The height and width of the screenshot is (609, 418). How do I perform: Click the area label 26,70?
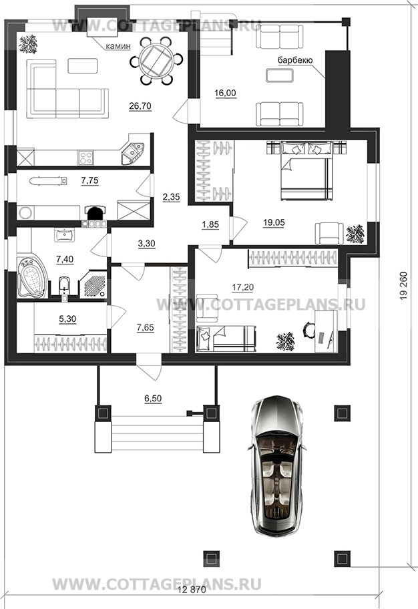(x=141, y=106)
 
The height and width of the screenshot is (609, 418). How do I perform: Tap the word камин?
(x=118, y=46)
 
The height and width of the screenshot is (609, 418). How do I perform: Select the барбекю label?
(x=295, y=60)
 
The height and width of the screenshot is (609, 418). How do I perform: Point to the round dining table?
(x=156, y=60)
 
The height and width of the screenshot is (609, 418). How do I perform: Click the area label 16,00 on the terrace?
(x=225, y=93)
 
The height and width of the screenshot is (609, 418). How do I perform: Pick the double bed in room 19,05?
(x=306, y=170)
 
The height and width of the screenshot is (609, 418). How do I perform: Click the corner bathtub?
(x=32, y=277)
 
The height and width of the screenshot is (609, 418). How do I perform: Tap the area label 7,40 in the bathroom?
(x=65, y=260)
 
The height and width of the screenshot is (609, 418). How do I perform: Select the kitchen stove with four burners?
(x=85, y=158)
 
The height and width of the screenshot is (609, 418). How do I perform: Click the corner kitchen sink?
(x=132, y=153)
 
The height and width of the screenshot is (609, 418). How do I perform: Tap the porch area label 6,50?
(x=153, y=399)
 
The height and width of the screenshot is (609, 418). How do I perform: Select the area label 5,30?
(x=67, y=319)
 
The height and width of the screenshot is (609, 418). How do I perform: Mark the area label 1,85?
(x=210, y=224)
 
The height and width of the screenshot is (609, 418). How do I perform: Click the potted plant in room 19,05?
(x=355, y=234)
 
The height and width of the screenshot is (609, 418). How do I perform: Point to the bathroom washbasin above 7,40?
(x=63, y=234)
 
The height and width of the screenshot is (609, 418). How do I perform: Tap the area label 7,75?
(x=89, y=180)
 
